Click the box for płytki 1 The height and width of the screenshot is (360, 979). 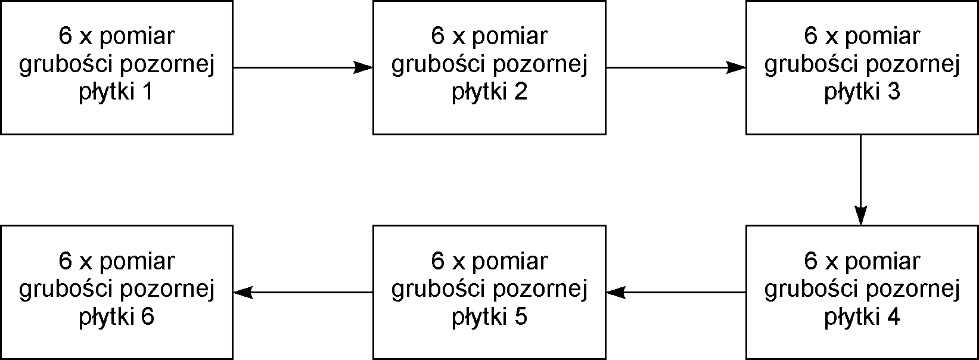117,67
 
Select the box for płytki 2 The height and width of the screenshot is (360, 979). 490,67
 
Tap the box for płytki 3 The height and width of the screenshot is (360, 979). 862,67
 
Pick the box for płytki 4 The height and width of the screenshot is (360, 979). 862,292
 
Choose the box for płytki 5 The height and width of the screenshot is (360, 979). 490,292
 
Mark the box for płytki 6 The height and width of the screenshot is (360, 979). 117,292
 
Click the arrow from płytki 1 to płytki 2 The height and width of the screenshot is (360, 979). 303,67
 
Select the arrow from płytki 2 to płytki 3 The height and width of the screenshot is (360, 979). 676,67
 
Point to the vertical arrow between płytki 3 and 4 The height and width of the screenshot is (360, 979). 860,180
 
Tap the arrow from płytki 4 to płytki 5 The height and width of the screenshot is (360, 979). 676,292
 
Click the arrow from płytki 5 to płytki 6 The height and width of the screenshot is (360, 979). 303,292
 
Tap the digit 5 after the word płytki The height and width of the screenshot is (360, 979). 521,316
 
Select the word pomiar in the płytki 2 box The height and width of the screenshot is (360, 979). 509,36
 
